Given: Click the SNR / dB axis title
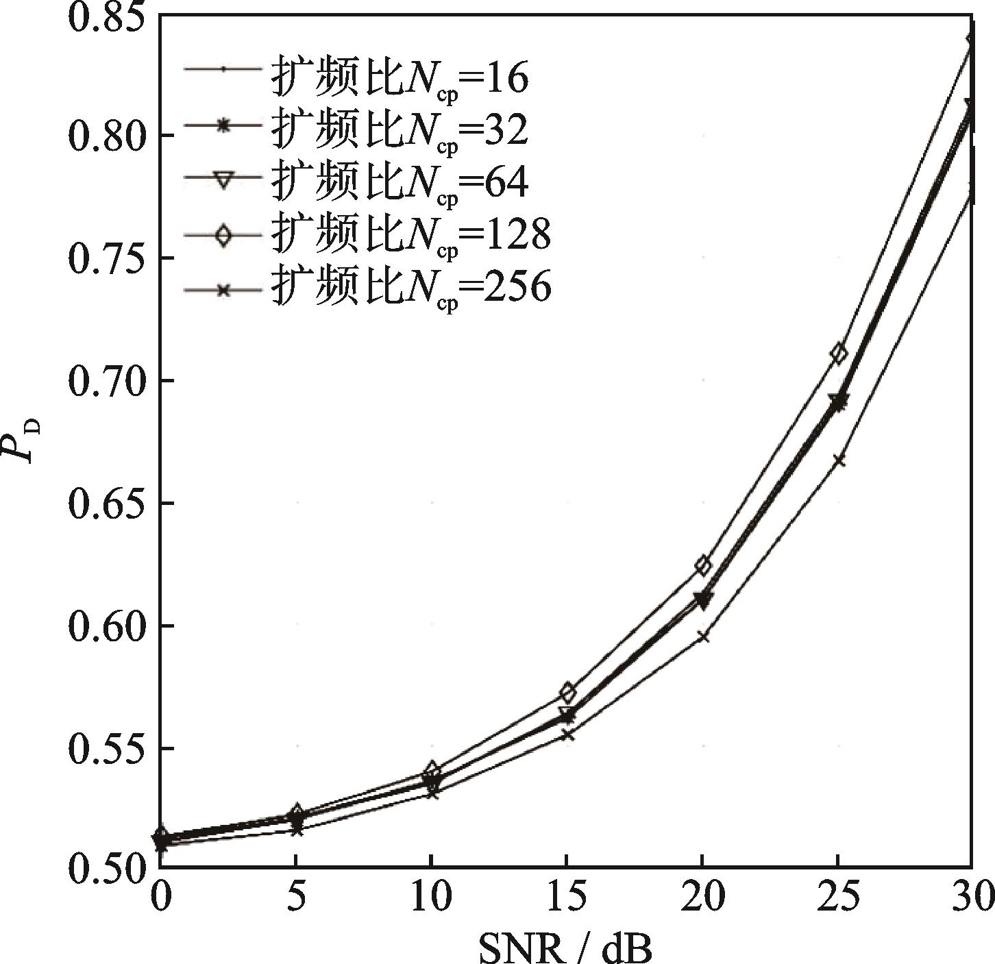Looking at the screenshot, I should click(x=565, y=946).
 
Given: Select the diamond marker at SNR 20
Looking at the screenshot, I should click(x=703, y=565).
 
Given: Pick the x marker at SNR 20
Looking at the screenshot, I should click(x=702, y=637).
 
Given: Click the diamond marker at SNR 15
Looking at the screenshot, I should click(x=567, y=692).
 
